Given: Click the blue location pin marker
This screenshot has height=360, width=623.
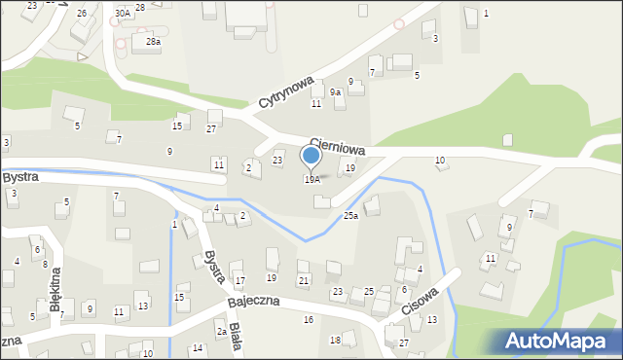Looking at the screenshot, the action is (x=311, y=156).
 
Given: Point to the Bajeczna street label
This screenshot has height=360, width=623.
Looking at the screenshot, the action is (x=254, y=302).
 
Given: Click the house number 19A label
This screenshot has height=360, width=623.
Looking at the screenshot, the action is (x=311, y=180).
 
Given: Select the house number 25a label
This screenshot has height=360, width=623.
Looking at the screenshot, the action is (x=350, y=216).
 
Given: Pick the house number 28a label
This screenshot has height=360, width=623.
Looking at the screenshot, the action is (x=153, y=42).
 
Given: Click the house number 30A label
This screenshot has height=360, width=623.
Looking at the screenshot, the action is (x=122, y=14).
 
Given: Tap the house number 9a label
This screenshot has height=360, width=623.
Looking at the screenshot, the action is (x=336, y=92).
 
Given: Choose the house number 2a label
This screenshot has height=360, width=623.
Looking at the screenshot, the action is (x=222, y=332).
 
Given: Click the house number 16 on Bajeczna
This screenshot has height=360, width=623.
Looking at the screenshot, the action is (x=308, y=319).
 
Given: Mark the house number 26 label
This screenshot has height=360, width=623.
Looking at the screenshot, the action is (x=82, y=14).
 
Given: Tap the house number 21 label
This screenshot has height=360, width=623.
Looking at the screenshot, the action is (x=304, y=281).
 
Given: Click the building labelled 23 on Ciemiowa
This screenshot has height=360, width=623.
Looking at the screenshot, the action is (x=277, y=161).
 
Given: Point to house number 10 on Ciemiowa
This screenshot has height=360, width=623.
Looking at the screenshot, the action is (x=440, y=160).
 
